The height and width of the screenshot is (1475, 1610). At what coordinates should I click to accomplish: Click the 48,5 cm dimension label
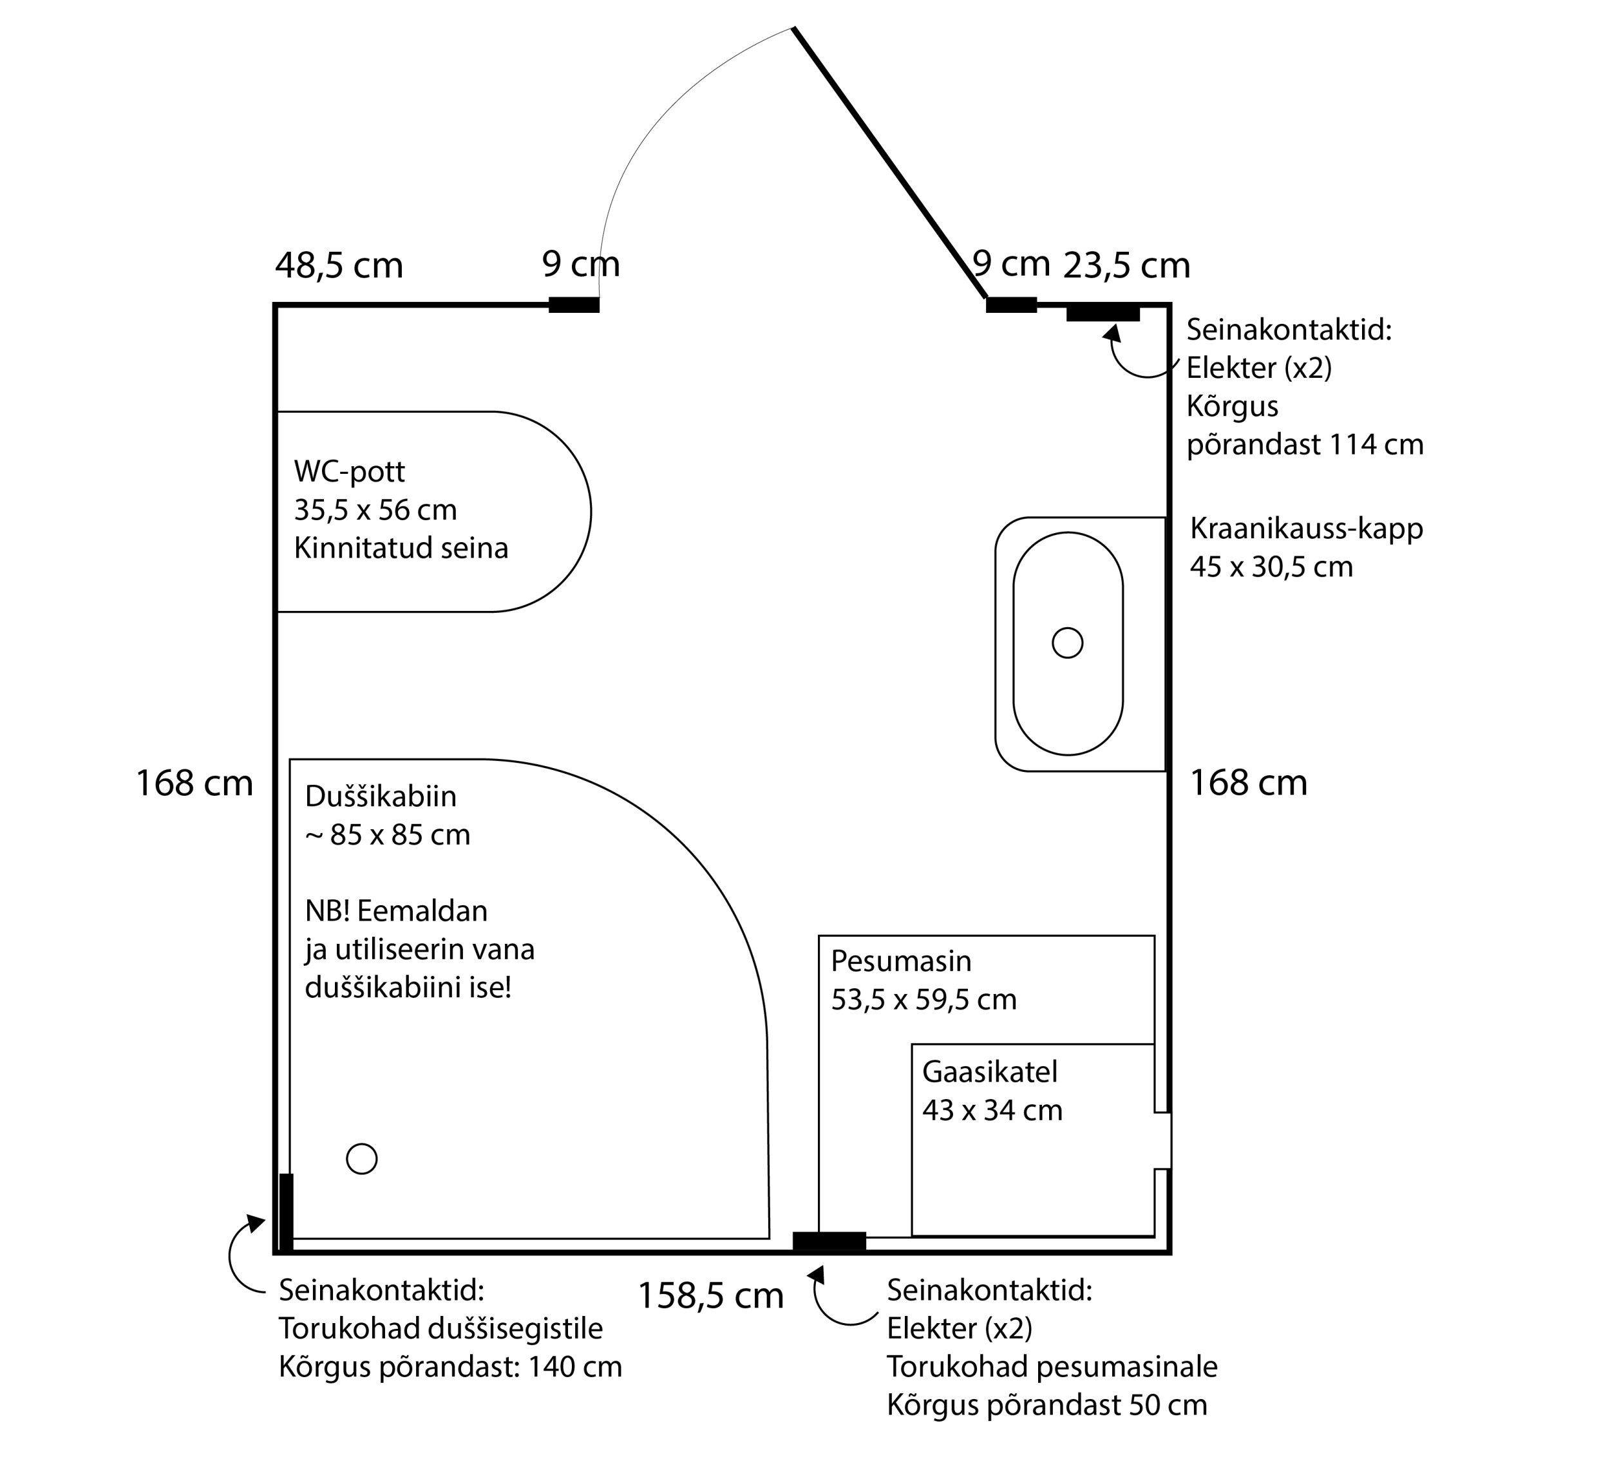point(339,266)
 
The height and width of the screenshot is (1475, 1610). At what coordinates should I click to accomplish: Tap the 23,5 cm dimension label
point(1126,266)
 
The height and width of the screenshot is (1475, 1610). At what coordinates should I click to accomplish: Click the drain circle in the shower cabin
point(362,1159)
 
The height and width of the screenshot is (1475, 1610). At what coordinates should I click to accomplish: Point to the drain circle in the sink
point(1067,643)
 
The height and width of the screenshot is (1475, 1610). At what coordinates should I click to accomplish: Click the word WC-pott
point(349,472)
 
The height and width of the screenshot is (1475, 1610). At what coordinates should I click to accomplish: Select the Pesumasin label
point(901,961)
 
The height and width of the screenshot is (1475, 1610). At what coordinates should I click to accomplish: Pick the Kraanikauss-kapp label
point(1306,529)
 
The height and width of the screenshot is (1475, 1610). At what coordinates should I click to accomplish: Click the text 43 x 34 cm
point(992,1110)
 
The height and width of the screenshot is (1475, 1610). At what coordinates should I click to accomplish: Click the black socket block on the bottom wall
point(829,1242)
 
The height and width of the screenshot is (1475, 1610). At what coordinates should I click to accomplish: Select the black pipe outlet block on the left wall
point(286,1212)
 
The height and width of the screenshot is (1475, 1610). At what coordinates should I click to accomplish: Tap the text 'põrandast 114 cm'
point(1304,444)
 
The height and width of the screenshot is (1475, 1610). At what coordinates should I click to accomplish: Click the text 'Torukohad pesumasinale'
point(1052,1366)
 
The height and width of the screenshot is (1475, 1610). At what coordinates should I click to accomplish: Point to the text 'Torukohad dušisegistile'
point(440,1328)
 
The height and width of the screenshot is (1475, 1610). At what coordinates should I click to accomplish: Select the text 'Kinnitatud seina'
point(401,548)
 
